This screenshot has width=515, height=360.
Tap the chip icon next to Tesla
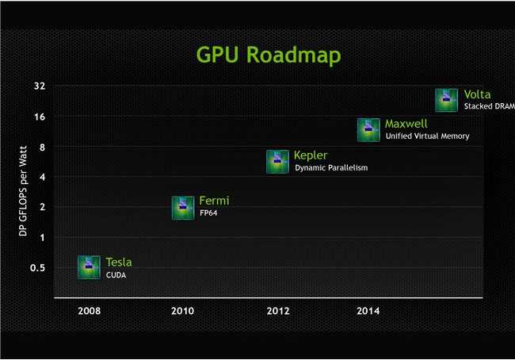point(89,267)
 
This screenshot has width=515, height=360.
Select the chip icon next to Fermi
point(183,207)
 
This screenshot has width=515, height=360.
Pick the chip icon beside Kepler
point(277,162)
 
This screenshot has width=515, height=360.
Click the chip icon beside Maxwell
point(368,130)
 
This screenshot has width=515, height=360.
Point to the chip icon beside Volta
point(446,100)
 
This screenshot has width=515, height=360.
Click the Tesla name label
point(119,262)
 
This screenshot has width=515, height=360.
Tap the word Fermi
point(214,201)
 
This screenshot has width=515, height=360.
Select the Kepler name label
point(310,155)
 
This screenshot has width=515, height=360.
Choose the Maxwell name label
point(406,124)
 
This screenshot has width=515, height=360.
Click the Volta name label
point(477,95)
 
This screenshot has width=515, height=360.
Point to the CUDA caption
point(116,275)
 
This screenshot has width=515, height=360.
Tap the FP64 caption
point(208,213)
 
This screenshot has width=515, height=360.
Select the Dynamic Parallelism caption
point(331,167)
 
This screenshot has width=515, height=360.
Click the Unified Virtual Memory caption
point(427,136)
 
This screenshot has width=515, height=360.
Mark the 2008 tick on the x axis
point(89,311)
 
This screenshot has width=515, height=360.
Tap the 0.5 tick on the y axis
point(37,267)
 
